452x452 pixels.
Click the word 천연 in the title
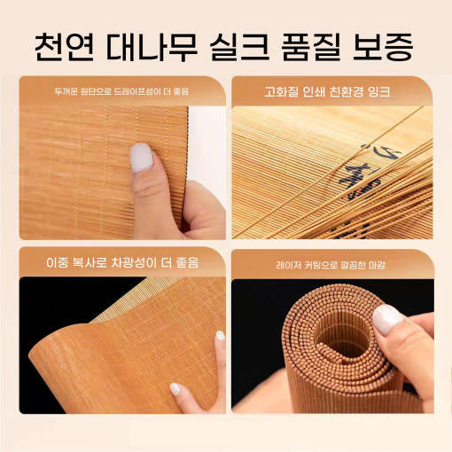(x=64, y=47)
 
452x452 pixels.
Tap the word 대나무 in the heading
(x=151, y=47)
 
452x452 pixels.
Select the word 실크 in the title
(x=239, y=47)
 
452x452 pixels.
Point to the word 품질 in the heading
(x=311, y=47)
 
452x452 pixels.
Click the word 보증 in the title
(x=383, y=47)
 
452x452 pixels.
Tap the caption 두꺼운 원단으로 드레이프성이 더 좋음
(x=121, y=91)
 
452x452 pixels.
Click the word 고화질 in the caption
(x=281, y=92)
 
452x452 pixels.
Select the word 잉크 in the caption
(x=378, y=92)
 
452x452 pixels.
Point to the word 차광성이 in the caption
(x=133, y=262)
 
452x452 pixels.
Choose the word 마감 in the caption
(x=377, y=265)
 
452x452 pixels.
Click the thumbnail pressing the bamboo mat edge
(x=141, y=158)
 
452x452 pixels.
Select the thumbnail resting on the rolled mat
(x=387, y=319)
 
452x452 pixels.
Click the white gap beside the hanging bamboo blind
(x=207, y=148)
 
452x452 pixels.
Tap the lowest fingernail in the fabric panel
(x=175, y=389)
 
